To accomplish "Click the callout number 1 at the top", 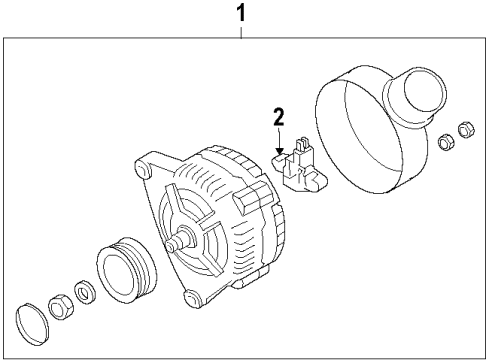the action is tap(241, 13).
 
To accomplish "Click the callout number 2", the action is tap(279, 117).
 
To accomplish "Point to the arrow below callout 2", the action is tap(279, 141).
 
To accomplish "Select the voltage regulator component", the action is tap(300, 167).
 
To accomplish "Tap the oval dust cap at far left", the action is tap(32, 324).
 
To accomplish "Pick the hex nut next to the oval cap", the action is tap(61, 307).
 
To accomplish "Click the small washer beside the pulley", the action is tap(85, 292).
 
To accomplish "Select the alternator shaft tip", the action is tap(171, 246).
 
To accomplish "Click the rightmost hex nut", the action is tap(466, 130).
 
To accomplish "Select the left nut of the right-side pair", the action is tap(446, 141).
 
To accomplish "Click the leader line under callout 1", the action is tap(241, 32).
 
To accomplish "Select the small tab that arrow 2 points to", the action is tap(278, 161).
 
